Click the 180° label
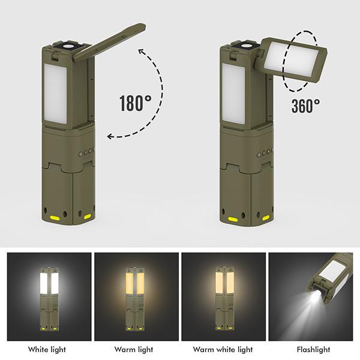tap(134, 103)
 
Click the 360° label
tap(305, 106)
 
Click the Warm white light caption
tap(223, 349)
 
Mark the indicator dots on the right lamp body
tap(265, 152)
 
